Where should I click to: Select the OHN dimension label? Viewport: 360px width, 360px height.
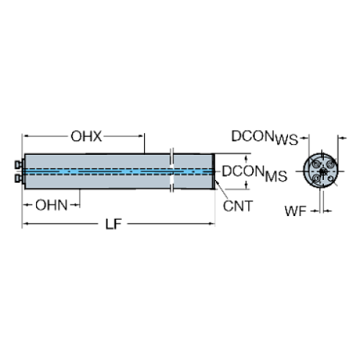coord(51,205)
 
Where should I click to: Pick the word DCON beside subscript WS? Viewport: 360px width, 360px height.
coord(252,137)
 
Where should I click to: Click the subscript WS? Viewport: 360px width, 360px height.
coord(286,140)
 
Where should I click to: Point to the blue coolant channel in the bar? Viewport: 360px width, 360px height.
coord(96,172)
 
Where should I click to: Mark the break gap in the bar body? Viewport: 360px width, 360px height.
coord(173,172)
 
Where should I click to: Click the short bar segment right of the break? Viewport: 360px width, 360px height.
coord(193,172)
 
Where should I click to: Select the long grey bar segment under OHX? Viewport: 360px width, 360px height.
coord(96,163)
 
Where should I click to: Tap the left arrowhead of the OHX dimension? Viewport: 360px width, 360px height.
coord(28,136)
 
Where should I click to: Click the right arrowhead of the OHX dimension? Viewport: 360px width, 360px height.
coord(140,136)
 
